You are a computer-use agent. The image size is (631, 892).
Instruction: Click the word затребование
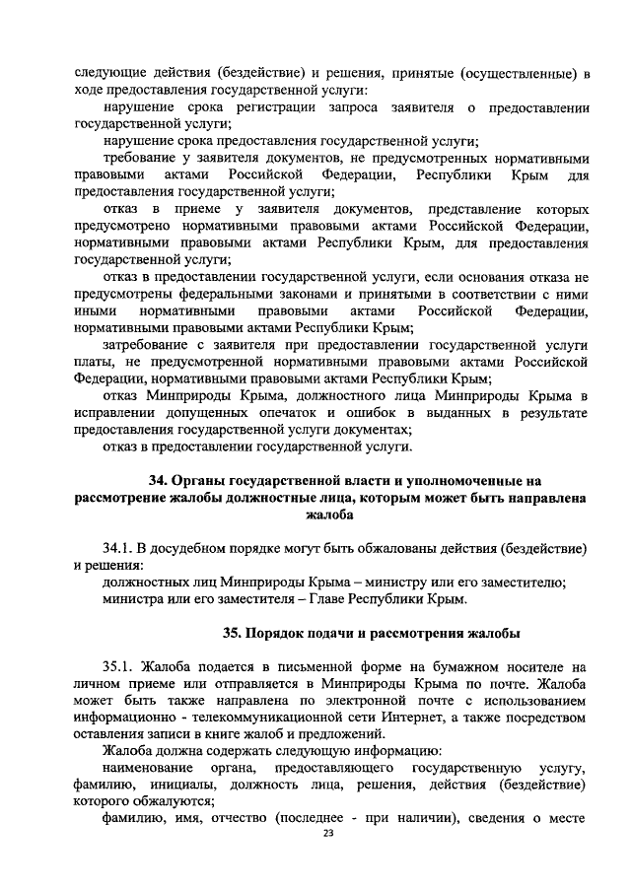pos(149,344)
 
